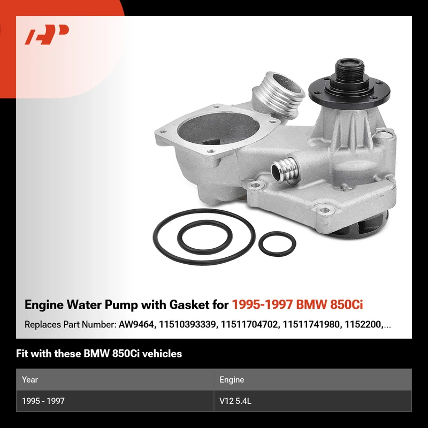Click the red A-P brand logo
47,34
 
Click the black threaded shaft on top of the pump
349,69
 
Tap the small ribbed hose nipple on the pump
284,170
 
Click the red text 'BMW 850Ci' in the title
330,304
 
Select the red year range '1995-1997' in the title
263,304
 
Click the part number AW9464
136,324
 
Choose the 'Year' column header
30,379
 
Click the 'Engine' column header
232,380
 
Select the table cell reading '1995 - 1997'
43,401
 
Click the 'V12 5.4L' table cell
235,401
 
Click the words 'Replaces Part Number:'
71,325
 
